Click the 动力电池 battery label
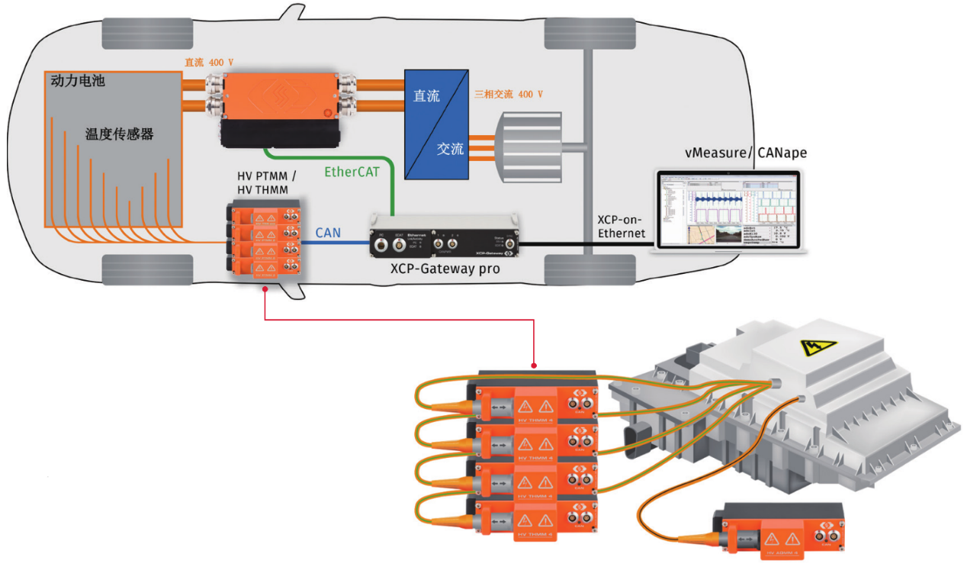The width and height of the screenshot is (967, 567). pos(77,79)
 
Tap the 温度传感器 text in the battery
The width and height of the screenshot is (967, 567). pos(119,134)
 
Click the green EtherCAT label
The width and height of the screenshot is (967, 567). pos(352,172)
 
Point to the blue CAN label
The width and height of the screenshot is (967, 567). pos(328,232)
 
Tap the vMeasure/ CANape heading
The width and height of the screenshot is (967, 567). pos(745,153)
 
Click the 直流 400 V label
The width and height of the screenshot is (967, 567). pos(210,63)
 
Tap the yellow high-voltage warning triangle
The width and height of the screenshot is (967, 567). pos(818,347)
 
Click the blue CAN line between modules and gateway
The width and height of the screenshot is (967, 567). pos(336,243)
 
